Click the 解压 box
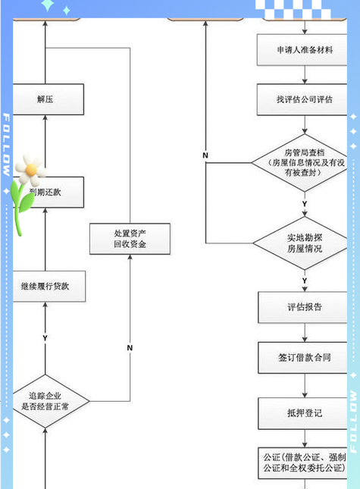[45, 99]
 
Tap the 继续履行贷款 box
[45, 287]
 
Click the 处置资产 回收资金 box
[130, 239]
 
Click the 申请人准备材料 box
[305, 50]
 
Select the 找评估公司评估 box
[305, 99]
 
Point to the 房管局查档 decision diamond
[305, 161]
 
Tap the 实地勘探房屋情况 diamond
[305, 243]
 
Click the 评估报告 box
[305, 307]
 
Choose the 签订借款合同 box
[305, 356]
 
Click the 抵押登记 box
[305, 412]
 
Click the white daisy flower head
[29, 168]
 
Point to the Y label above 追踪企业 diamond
[45, 337]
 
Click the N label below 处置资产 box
[130, 347]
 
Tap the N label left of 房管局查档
[205, 155]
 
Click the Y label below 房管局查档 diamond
[305, 205]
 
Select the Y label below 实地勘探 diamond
[305, 281]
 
